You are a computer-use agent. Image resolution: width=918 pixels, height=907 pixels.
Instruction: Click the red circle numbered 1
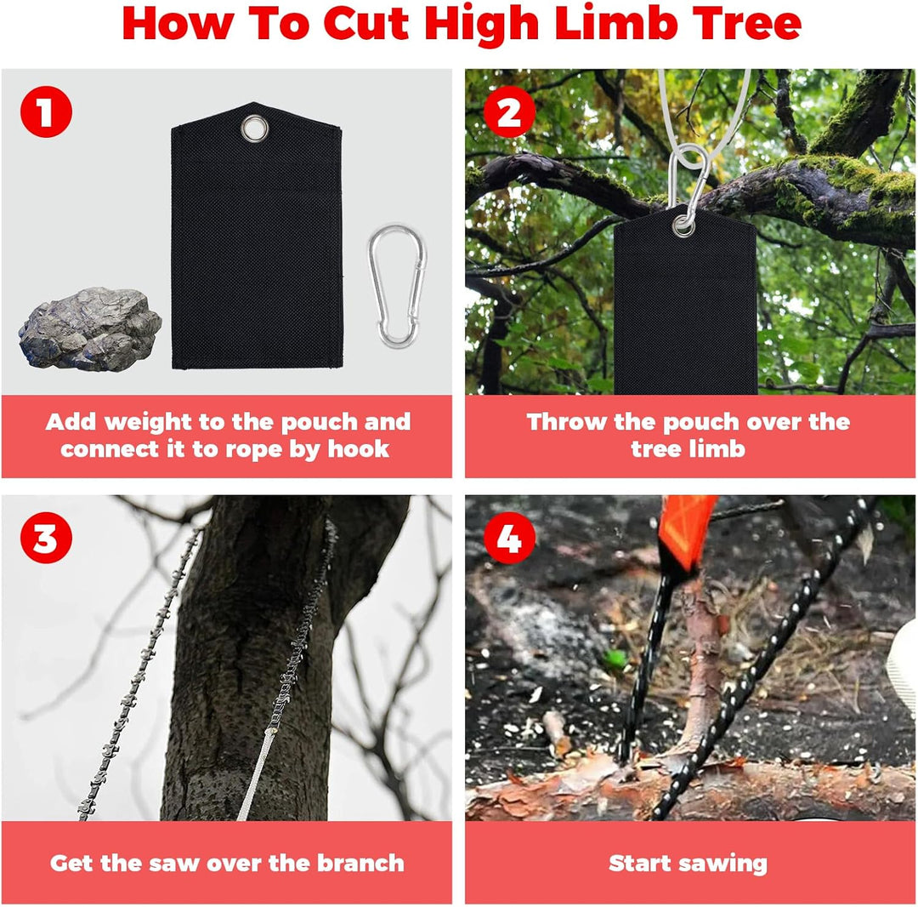coord(47,113)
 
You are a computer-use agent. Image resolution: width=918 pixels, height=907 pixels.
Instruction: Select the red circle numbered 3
coord(47,539)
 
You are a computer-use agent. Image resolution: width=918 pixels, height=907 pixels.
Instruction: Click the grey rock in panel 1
coord(89,328)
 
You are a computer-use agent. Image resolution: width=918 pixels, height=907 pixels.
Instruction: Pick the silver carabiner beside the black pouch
coord(396,285)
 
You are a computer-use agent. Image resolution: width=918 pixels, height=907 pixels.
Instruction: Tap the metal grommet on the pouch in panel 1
coord(253,129)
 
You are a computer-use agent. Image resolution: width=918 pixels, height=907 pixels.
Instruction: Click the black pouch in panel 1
coord(255,255)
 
